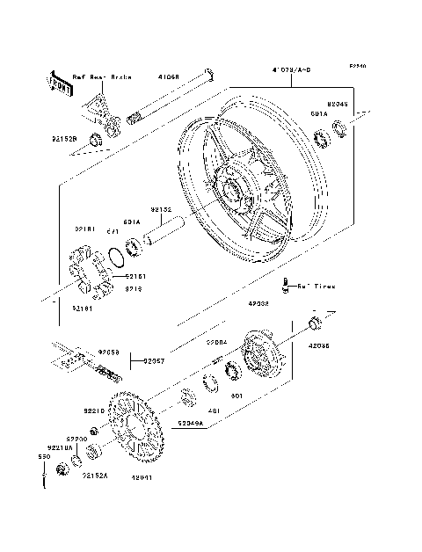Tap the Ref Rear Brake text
[x=101, y=77]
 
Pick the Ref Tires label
[x=315, y=286]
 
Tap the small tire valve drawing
[x=286, y=283]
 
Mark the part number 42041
[x=144, y=478]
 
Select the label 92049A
[x=189, y=423]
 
